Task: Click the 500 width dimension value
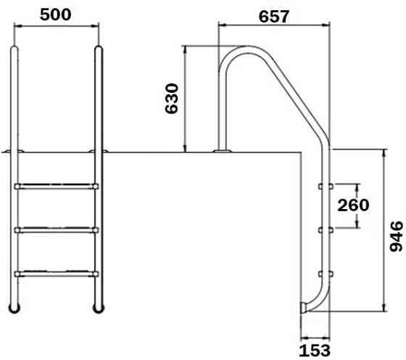[55, 15]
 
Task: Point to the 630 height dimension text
[173, 98]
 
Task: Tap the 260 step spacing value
[354, 205]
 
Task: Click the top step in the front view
[56, 187]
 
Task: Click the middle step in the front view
[56, 230]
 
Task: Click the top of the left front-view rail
[15, 50]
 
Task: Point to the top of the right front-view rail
[96, 50]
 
